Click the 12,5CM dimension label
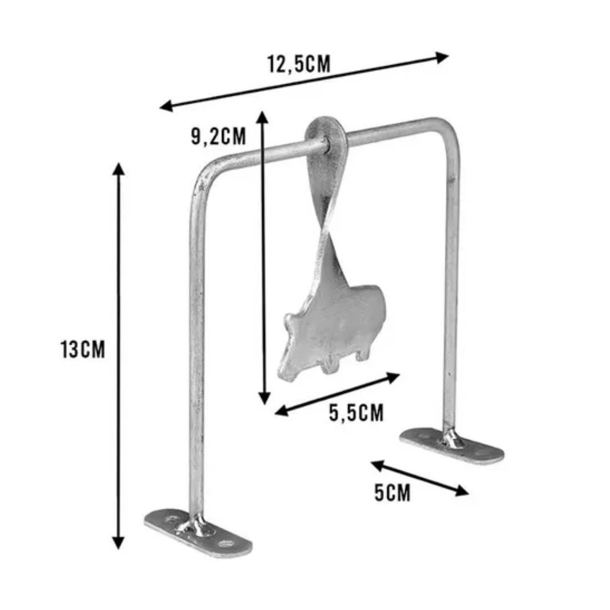(x=298, y=63)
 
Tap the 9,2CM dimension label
(x=218, y=136)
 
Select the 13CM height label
(x=82, y=350)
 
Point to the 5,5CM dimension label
(x=356, y=413)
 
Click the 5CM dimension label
(x=392, y=492)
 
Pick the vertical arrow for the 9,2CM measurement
(x=263, y=256)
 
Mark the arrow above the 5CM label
(x=420, y=478)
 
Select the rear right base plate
(x=452, y=445)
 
